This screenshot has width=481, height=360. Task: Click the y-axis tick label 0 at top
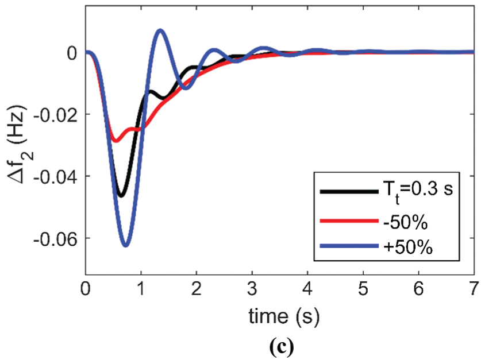coord(72,53)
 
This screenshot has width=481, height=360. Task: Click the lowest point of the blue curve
coord(125,245)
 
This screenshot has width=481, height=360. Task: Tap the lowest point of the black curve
coord(120,196)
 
